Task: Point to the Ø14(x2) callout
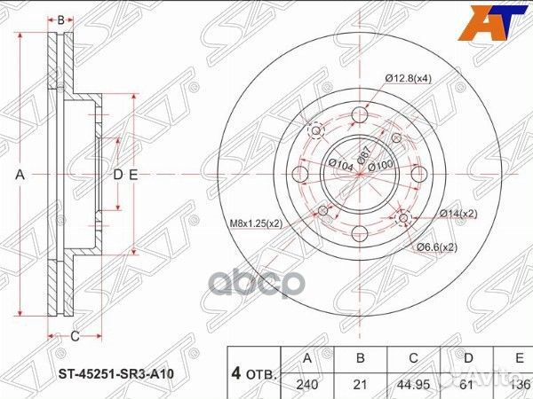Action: tap(457, 214)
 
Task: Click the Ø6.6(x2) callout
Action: tap(438, 246)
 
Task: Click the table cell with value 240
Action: tap(306, 385)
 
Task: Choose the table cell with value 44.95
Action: tap(413, 385)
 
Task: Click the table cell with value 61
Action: tap(469, 385)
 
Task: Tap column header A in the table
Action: tap(306, 358)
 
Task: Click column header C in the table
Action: tap(413, 358)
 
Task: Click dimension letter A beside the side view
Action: tap(20, 175)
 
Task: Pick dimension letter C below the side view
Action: tap(76, 335)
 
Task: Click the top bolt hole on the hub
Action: tap(360, 116)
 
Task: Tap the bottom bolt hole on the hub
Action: tap(360, 233)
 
